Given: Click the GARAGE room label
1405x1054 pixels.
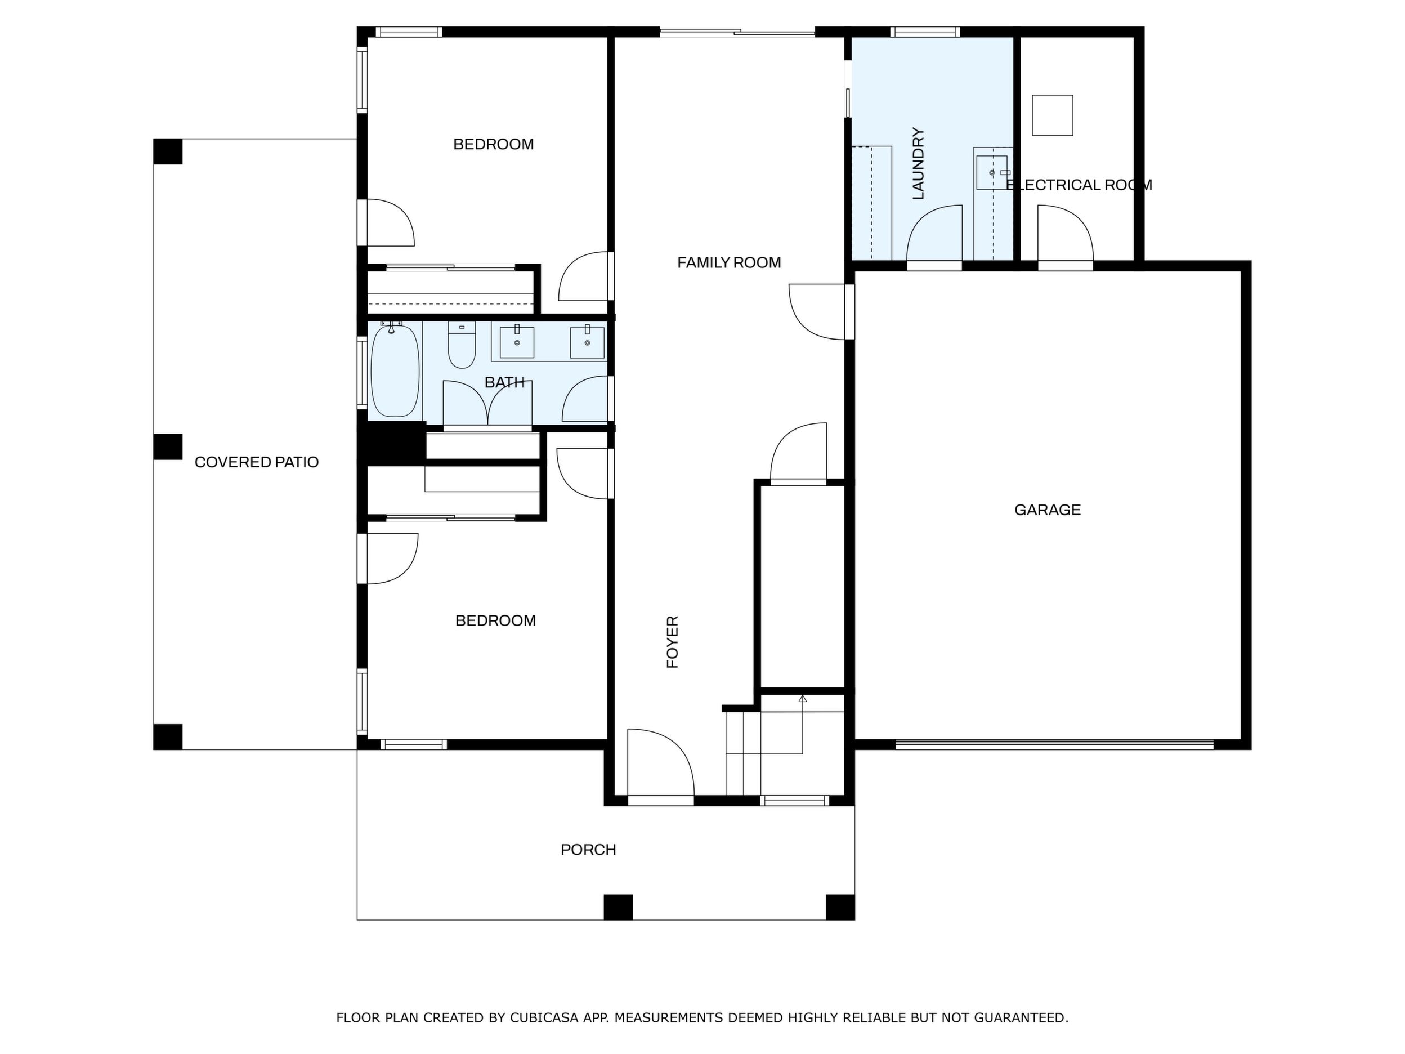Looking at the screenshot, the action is click(1048, 510).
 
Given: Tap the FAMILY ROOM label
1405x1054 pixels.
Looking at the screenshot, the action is click(728, 262).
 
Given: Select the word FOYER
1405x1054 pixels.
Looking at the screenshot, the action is click(673, 642).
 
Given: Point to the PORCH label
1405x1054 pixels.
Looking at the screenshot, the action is click(588, 850).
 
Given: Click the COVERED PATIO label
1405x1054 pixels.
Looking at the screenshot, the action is click(257, 462).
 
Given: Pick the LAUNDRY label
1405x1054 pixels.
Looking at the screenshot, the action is click(918, 164).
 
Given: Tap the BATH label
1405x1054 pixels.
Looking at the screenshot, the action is click(505, 382).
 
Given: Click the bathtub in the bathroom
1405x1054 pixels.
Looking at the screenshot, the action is click(395, 370).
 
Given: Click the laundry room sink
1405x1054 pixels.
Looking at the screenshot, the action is click(991, 172).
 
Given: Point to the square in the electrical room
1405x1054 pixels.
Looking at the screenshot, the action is click(1053, 115).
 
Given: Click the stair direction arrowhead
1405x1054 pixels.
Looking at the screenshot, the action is click(802, 699).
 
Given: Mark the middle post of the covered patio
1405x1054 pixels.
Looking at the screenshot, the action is click(168, 446).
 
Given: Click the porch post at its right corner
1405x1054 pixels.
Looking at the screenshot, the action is click(840, 906).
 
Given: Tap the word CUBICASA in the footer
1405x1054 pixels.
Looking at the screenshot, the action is click(544, 1018).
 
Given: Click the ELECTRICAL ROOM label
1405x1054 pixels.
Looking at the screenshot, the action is click(1079, 185).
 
